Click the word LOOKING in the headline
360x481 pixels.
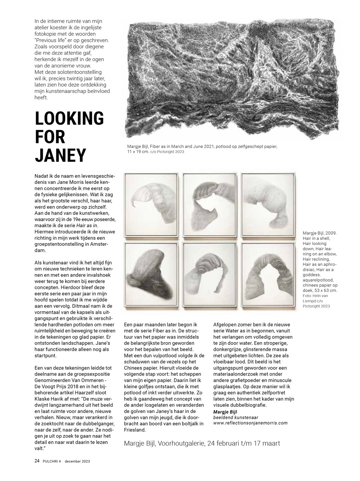pos(69,118)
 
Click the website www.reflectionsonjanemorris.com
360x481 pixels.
pos(250,423)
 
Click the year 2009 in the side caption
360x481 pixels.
pos(330,233)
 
